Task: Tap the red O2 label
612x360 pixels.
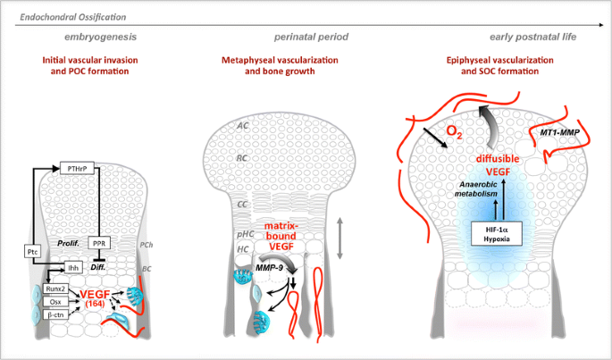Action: point(454,133)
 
